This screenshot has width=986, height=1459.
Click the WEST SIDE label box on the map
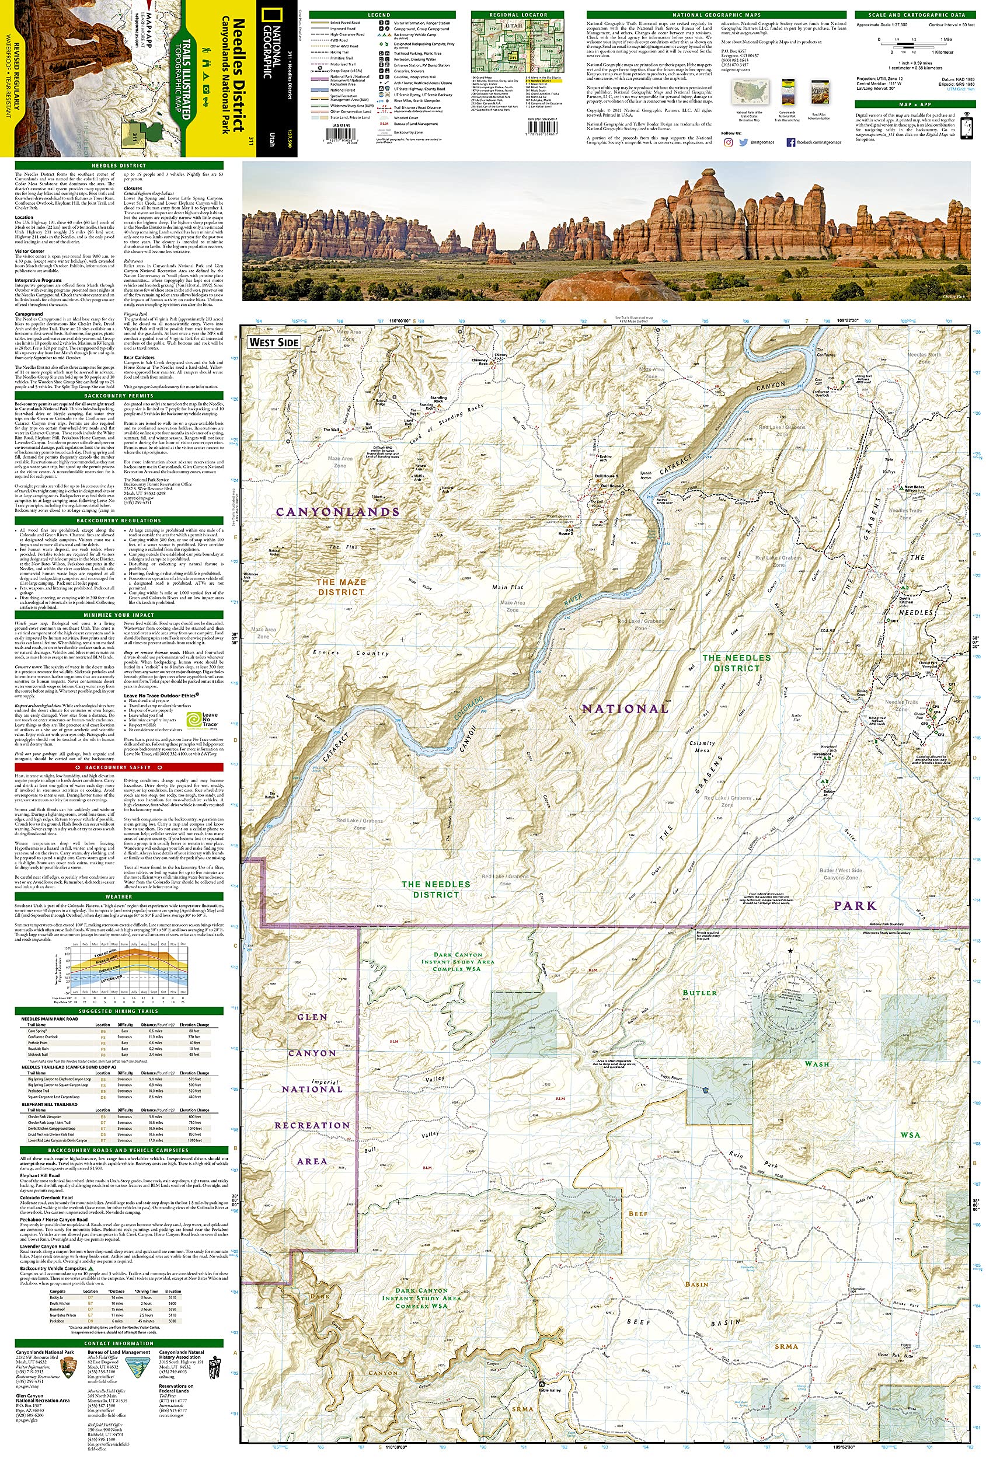[x=274, y=342]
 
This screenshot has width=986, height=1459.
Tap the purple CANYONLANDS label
[x=338, y=512]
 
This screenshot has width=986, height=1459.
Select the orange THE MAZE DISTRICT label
[x=341, y=587]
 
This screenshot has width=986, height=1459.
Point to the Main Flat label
[x=507, y=588]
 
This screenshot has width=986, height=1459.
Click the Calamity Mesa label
[x=702, y=746]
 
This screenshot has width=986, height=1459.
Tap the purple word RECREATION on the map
[x=312, y=1125]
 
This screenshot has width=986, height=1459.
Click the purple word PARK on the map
[x=855, y=906]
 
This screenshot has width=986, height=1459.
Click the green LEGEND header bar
[x=379, y=15]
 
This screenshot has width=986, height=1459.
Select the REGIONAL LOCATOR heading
[x=517, y=15]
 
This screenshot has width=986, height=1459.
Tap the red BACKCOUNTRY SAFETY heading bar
[x=119, y=767]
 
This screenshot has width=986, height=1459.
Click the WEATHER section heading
[x=119, y=896]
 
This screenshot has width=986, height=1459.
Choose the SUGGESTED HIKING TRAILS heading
[x=119, y=1011]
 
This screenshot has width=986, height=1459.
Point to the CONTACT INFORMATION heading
[x=119, y=1343]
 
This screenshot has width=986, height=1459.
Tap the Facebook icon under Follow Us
[x=790, y=142]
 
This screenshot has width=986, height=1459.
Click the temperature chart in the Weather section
[x=129, y=968]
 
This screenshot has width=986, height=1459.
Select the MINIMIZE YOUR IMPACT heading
[x=119, y=615]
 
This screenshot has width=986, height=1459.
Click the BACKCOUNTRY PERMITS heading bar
[x=119, y=396]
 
